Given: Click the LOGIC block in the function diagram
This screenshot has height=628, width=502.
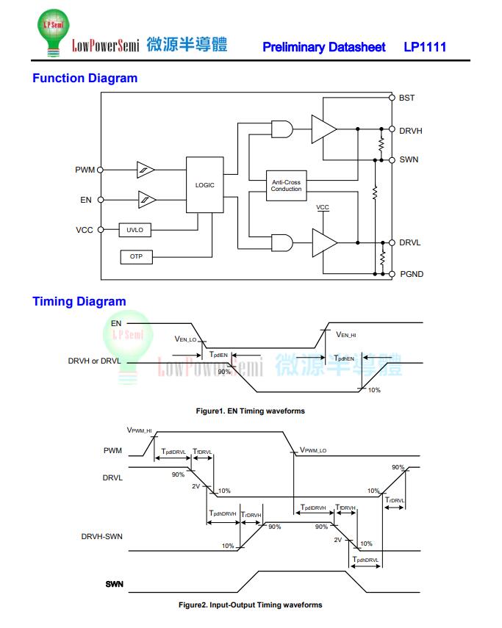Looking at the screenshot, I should (204, 185).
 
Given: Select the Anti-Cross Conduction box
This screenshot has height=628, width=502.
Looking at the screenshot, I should (286, 186).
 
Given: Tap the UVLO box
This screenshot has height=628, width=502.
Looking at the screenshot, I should (135, 230).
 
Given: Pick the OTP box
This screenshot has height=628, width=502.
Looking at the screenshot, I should (136, 256).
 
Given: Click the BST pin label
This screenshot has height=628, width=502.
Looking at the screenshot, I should (406, 98).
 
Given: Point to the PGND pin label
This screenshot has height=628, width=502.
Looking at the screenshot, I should (411, 274).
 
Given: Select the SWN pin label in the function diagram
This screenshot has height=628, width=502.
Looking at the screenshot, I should (409, 159).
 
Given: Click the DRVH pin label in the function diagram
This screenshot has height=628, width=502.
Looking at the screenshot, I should (410, 131).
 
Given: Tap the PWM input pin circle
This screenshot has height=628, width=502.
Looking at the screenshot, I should (101, 170).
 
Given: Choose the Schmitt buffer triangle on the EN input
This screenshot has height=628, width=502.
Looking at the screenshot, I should (146, 199).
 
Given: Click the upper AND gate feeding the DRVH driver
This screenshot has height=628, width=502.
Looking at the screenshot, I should (281, 129).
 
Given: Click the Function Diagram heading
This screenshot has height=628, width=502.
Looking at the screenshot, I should (85, 79).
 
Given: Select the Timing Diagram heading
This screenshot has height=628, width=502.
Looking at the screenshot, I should (79, 301).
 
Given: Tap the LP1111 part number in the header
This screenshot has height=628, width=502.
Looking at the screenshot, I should (425, 47).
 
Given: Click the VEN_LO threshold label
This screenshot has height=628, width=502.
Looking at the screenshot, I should (185, 339).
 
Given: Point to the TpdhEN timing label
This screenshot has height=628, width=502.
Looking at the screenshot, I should (344, 358).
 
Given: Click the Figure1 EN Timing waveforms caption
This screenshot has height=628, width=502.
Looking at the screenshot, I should (250, 411).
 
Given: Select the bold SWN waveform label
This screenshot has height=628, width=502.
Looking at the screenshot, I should (114, 585).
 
